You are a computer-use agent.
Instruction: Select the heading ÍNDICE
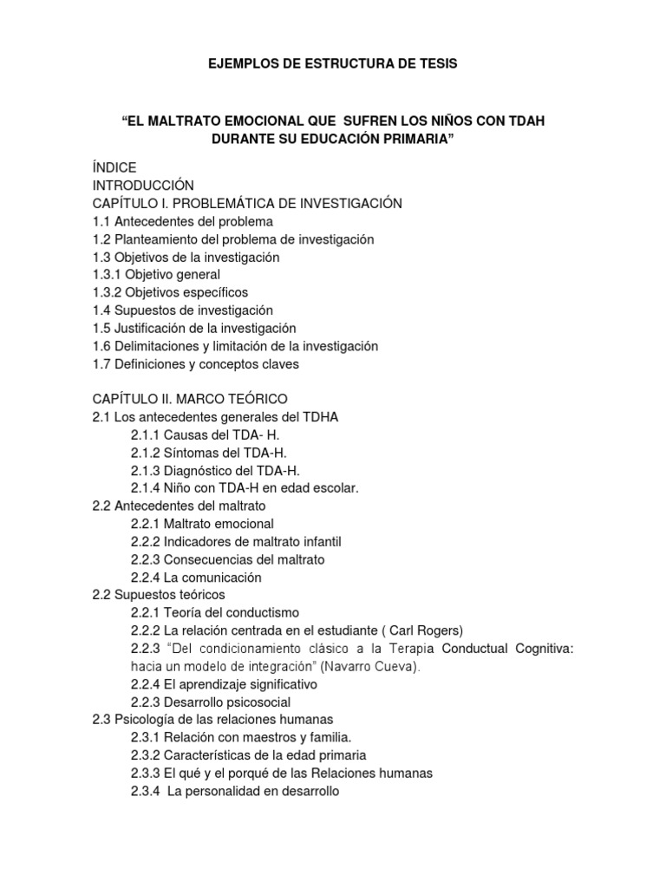[114, 166]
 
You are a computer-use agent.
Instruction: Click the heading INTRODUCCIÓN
[143, 185]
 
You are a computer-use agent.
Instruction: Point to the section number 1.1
[101, 221]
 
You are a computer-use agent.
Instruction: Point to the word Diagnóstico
[200, 470]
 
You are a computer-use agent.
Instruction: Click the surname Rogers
[418, 630]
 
